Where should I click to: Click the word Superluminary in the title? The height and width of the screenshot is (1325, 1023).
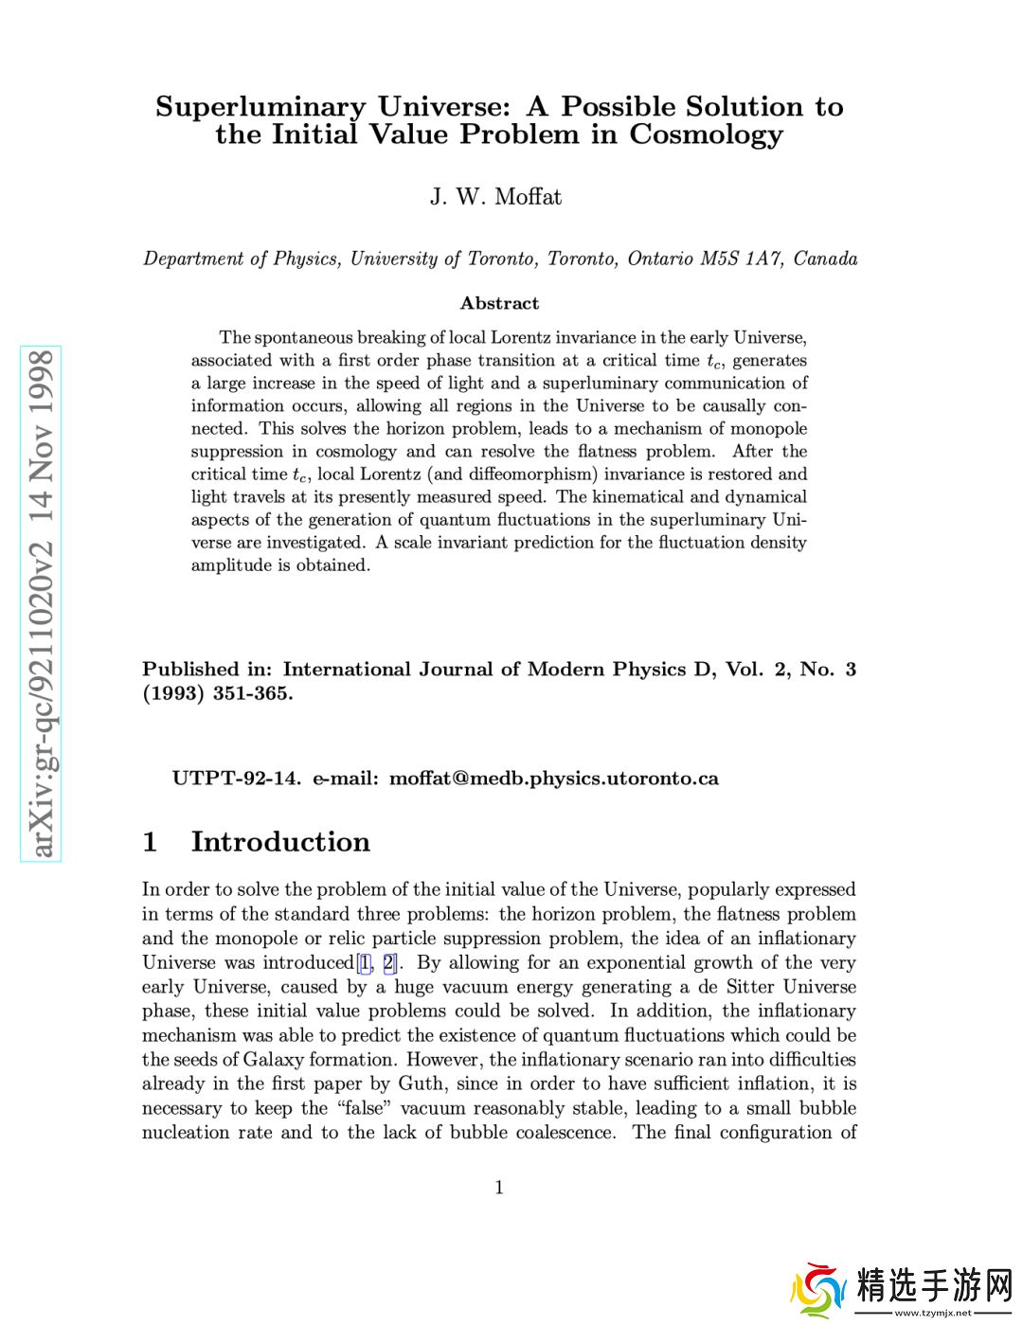260,107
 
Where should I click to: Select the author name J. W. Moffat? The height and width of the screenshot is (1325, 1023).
495,197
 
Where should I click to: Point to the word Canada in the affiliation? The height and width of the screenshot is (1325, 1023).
826,259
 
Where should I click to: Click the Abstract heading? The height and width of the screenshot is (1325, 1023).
499,303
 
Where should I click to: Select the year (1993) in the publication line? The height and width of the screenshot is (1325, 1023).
173,693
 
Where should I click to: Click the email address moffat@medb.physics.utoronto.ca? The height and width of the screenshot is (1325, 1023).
554,779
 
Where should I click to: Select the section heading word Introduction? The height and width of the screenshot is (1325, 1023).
280,842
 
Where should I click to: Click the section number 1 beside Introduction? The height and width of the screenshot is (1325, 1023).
150,842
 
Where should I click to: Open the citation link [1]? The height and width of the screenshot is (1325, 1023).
365,963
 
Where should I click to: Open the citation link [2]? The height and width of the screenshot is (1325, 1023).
388,963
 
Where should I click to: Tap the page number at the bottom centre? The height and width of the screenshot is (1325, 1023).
499,1188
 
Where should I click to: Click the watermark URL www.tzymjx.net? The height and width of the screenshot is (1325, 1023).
932,1313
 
